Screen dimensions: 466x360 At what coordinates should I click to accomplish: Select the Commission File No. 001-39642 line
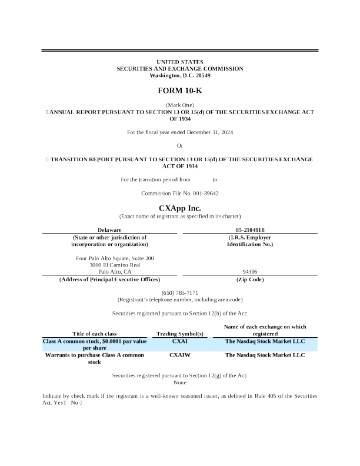(180, 194)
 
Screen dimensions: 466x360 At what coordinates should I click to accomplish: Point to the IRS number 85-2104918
(245, 229)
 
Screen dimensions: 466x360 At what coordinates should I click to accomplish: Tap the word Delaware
(109, 229)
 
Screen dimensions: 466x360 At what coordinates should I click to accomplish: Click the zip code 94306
(245, 272)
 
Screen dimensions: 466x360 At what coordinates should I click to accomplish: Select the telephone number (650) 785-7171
(180, 293)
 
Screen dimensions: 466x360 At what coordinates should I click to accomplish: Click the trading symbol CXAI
(180, 341)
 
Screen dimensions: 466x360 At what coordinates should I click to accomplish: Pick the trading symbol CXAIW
(180, 355)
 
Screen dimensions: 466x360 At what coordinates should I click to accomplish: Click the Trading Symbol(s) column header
(180, 334)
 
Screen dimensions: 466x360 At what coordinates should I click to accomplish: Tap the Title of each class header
(95, 334)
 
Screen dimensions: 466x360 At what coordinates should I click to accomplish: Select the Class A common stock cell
(95, 344)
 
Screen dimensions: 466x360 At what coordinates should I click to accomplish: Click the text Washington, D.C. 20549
(180, 76)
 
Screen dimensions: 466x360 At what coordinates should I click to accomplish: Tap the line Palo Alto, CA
(115, 272)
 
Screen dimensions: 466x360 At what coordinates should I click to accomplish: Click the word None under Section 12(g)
(180, 382)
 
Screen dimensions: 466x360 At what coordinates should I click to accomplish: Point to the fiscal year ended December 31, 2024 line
(180, 132)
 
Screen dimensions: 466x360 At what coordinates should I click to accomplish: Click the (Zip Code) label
(245, 279)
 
